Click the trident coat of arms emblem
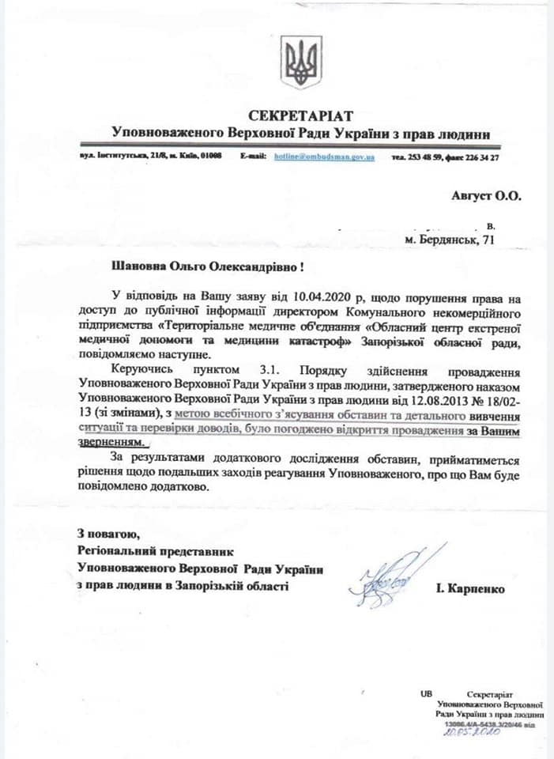coord(301,62)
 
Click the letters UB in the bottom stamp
coord(427,693)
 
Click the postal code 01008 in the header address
coord(211,157)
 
